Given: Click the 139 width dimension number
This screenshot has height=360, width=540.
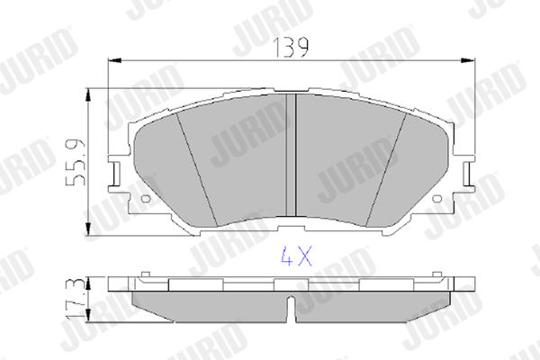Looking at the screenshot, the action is pos(291,47).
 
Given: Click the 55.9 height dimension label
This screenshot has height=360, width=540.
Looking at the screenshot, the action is pos(76,162).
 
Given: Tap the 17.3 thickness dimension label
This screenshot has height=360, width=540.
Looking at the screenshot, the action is pos(75,299).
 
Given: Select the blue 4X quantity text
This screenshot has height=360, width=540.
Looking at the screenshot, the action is pos(296,256).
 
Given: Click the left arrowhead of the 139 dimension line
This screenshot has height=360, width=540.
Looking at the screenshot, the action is pos(115,60).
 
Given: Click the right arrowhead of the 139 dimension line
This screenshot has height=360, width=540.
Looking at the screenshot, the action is pos(468,60).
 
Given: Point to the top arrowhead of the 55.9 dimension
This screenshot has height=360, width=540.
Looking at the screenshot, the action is pos(88,95).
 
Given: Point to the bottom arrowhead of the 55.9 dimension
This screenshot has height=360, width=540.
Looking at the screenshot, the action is pos(88,229).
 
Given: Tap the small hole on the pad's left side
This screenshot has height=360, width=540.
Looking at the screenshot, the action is pos(147,199).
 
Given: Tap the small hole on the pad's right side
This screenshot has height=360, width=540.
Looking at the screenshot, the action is pos(437,199).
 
